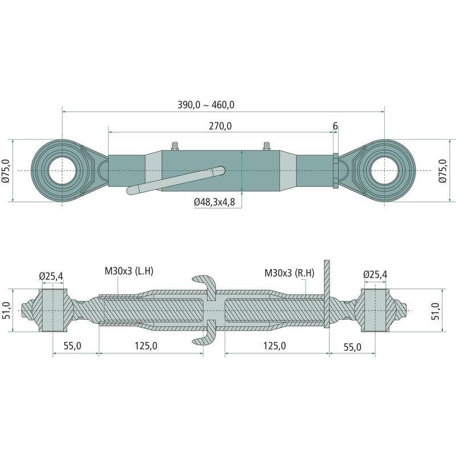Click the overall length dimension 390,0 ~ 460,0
coord(206,105)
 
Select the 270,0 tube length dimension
coord(220,126)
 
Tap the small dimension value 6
coord(335,126)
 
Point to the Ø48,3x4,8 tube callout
coord(214,202)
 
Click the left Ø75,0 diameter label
coord(6,171)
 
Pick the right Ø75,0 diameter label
coord(442,171)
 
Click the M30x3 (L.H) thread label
coord(129,271)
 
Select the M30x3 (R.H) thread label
coord(290,273)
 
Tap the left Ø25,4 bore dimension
coord(51,276)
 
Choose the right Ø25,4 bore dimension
coord(375,274)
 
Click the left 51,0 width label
coord(6,310)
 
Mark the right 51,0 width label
coord(435,311)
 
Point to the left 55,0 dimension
coord(72,346)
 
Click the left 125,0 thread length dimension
coord(146,346)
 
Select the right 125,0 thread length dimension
coord(275,346)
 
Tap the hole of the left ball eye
coord(62,170)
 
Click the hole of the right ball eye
coord(384,170)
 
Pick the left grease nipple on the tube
coord(174,146)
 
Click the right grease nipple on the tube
coord(266,146)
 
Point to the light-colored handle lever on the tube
coord(176,180)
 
